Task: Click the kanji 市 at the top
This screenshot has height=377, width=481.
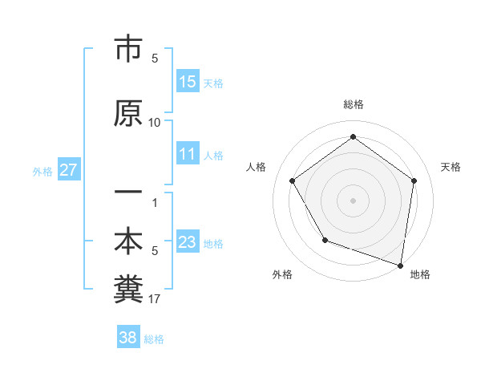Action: [x=127, y=50]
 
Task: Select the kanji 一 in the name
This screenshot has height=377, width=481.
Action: [x=127, y=193]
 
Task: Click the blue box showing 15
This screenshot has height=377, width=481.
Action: [x=188, y=82]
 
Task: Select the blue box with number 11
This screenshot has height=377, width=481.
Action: [x=188, y=154]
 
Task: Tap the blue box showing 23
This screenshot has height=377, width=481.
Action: [x=188, y=242]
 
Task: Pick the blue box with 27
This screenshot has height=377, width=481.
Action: [x=69, y=170]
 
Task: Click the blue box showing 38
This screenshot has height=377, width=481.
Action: [x=128, y=338]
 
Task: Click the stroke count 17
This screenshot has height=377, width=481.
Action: [x=155, y=299]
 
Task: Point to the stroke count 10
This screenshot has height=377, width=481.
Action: [x=155, y=123]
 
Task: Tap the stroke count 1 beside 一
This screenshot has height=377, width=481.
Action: [x=155, y=202]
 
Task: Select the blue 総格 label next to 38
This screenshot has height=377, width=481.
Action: [x=155, y=339]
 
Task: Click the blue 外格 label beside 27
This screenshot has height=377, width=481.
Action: [x=42, y=171]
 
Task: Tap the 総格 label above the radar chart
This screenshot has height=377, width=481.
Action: [x=353, y=104]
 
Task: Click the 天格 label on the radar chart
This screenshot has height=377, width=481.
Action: [x=451, y=167]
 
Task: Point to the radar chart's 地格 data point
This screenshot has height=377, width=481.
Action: [x=400, y=264]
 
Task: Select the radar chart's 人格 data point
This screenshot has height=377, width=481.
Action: [x=292, y=180]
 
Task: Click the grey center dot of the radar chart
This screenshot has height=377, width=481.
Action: [x=353, y=200]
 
